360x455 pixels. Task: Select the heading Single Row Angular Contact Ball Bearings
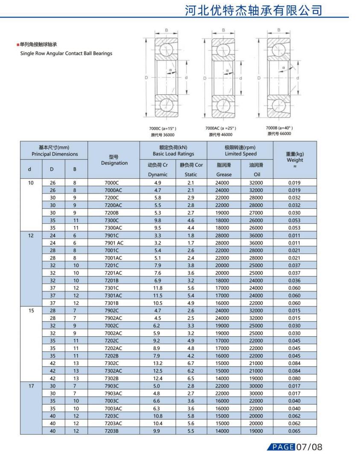pyautogui.click(x=66, y=53)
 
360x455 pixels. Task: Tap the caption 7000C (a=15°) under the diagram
pyautogui.click(x=162, y=128)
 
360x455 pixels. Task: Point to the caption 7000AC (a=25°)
pyautogui.click(x=220, y=128)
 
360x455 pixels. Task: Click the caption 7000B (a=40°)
pyautogui.click(x=279, y=128)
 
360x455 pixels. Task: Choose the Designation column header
pyautogui.click(x=114, y=163)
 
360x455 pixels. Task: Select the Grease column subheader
pyautogui.click(x=224, y=174)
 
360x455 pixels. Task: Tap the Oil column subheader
pyautogui.click(x=257, y=174)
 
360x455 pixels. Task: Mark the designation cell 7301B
pyautogui.click(x=114, y=303)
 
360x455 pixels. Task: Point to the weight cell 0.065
pyautogui.click(x=295, y=431)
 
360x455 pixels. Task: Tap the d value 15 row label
pyautogui.click(x=31, y=311)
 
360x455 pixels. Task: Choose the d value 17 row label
pyautogui.click(x=31, y=386)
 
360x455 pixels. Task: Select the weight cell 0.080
pyautogui.click(x=295, y=378)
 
